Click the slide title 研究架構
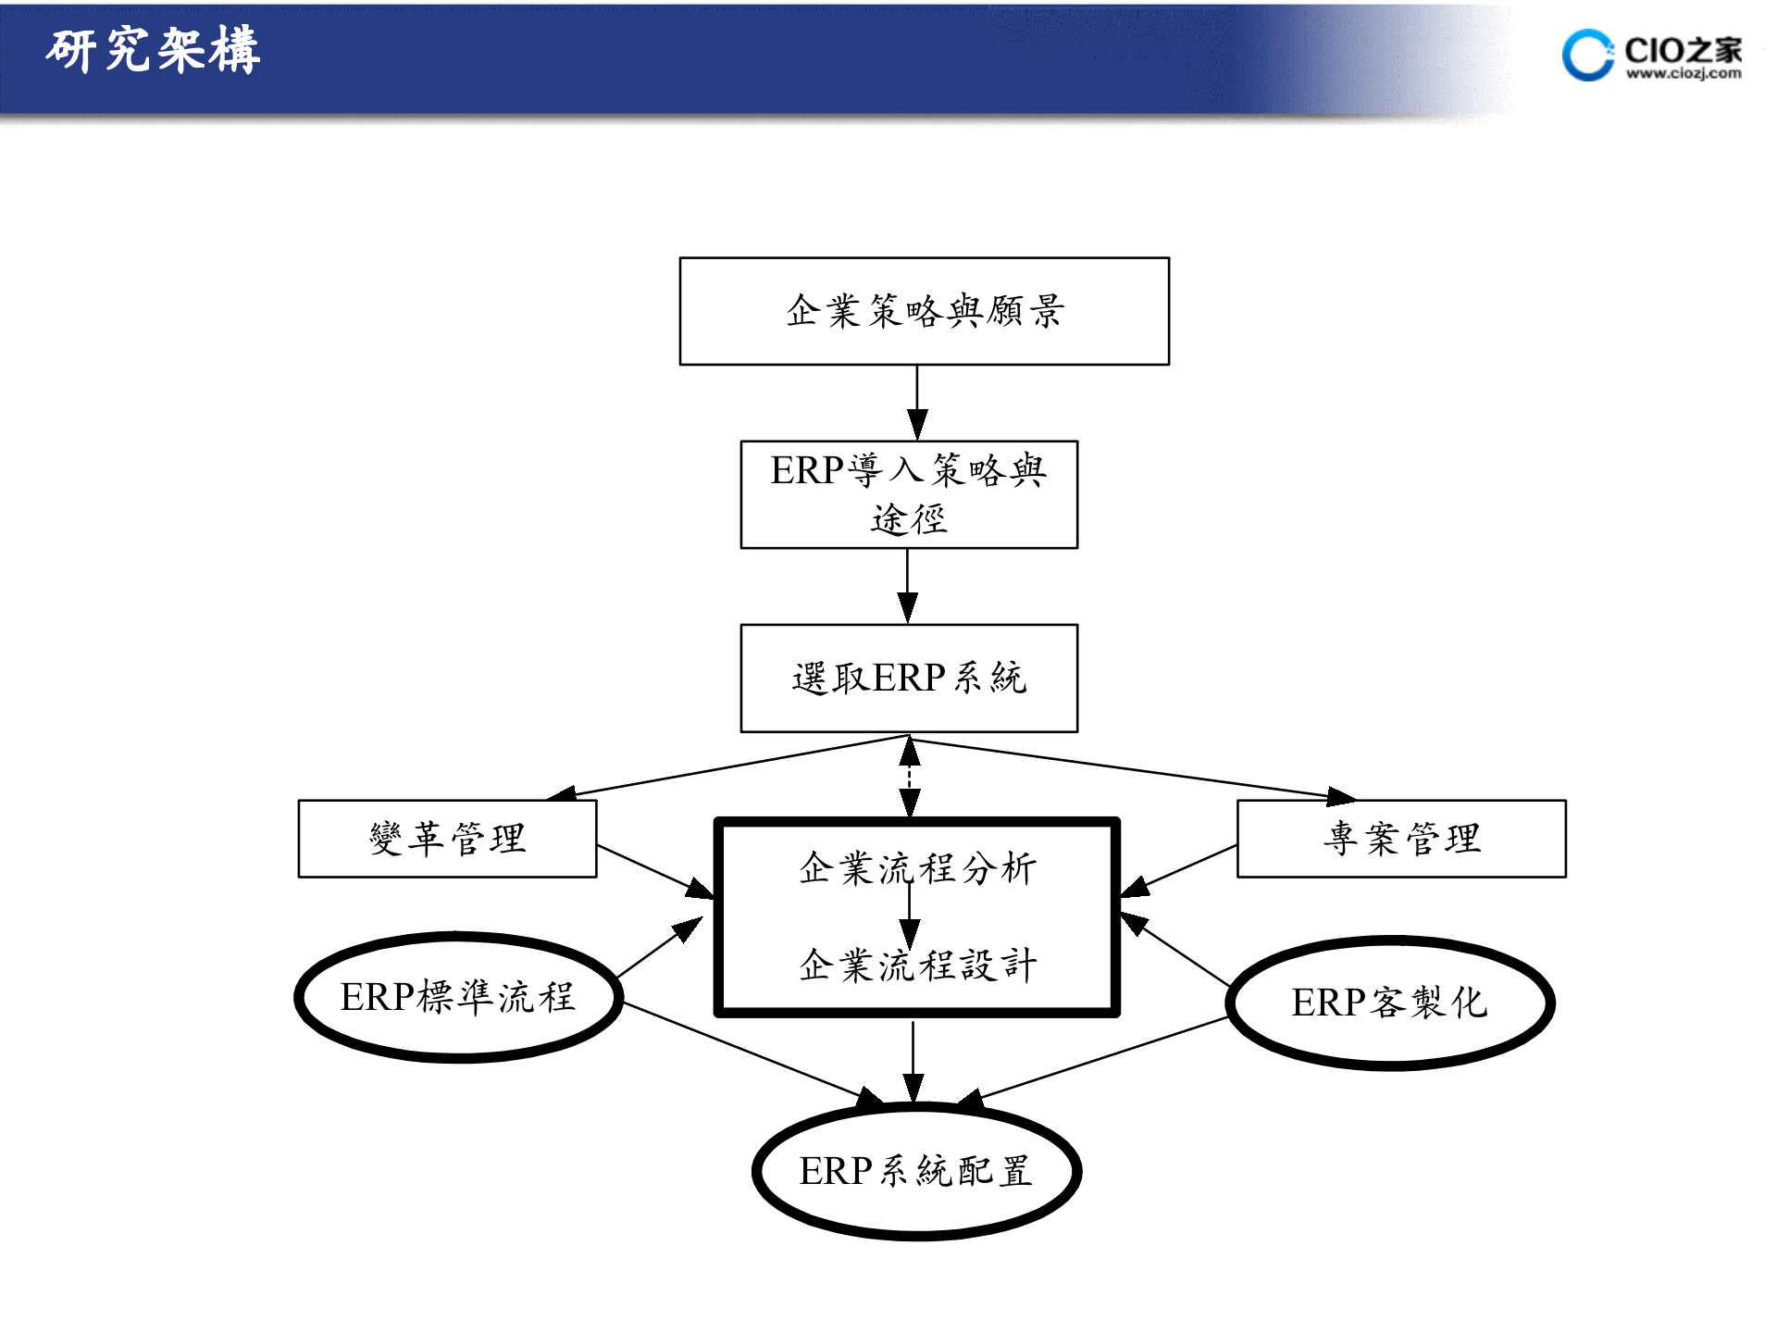point(153,50)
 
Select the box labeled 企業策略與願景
point(924,311)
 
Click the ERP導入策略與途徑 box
point(909,494)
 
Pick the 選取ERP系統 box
point(909,678)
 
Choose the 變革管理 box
point(447,839)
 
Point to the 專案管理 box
point(1401,839)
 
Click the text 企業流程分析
point(917,868)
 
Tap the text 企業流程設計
point(917,965)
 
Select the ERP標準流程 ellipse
point(458,998)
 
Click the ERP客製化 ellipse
point(1389,1003)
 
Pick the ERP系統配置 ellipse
point(916,1171)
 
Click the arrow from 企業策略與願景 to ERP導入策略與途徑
point(917,402)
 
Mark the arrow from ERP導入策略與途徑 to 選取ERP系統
point(908,585)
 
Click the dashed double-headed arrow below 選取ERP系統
point(910,776)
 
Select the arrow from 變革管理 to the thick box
point(655,872)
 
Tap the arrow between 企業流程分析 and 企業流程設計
point(910,916)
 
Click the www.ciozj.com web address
point(1684,74)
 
